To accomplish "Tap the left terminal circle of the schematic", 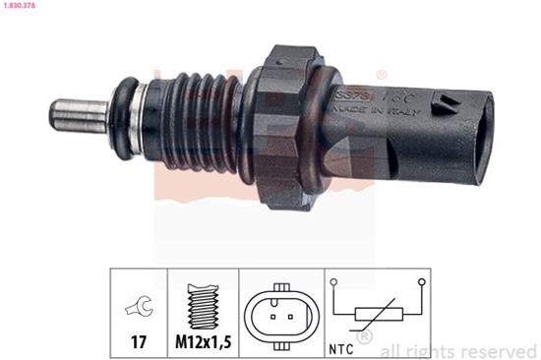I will [x=335, y=282].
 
